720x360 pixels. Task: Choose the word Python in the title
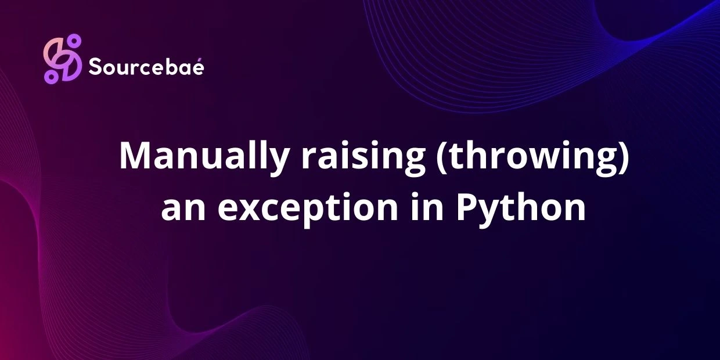(x=520, y=208)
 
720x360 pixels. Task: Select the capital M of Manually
(x=133, y=156)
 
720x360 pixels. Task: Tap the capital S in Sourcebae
(x=95, y=67)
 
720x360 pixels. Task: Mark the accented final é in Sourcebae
(x=197, y=67)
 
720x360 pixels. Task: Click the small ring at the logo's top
(x=73, y=40)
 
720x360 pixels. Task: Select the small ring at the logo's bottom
(x=51, y=76)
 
